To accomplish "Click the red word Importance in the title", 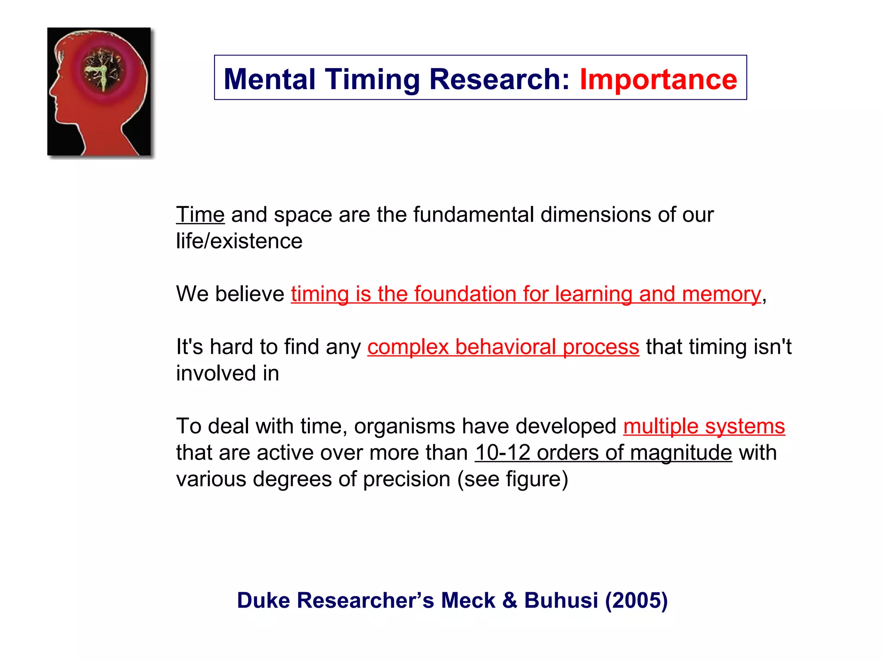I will coord(658,80).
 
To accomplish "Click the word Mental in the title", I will coord(269,80).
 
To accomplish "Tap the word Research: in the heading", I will coord(500,80).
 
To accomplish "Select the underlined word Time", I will coord(200,214).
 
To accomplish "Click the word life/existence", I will coord(239,241).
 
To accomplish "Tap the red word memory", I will coord(721,294).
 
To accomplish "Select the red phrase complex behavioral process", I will coord(503,347).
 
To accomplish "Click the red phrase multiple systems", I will coord(704,426).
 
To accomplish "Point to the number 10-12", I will coord(502,453).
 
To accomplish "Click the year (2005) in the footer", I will coord(636,600).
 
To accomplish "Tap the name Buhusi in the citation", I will coord(561,600).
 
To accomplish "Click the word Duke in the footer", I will coord(264,600).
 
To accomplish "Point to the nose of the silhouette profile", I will coord(51,91).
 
